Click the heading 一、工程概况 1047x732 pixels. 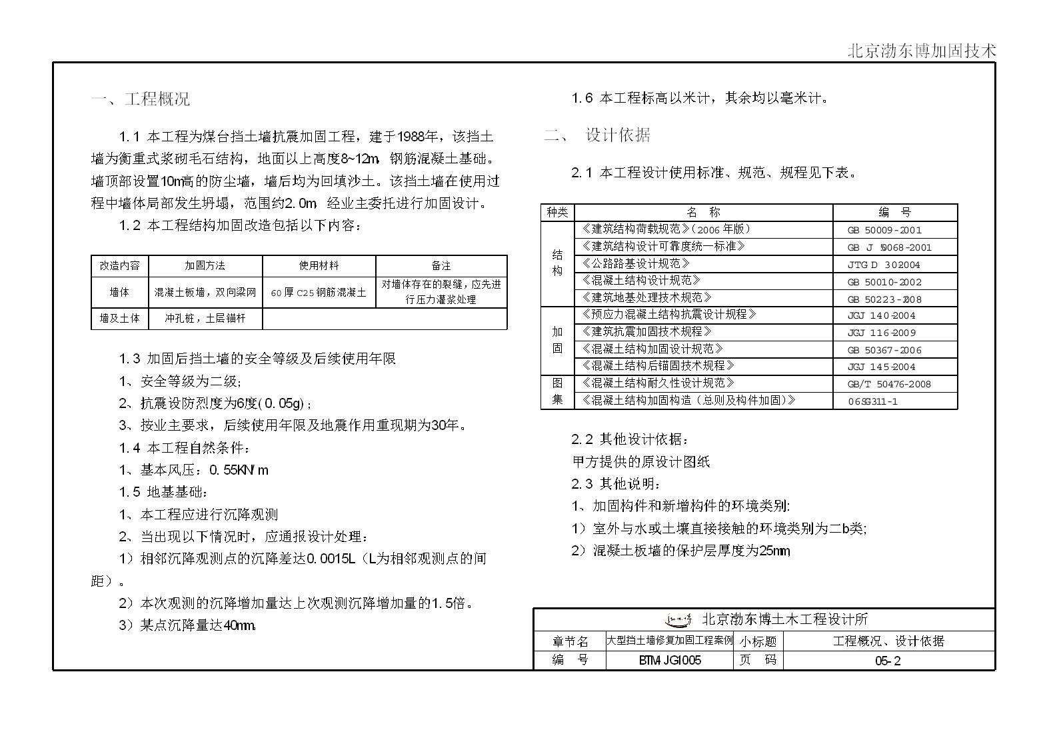click(x=140, y=99)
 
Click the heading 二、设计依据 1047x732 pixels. click(x=597, y=135)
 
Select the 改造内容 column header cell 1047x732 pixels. click(x=119, y=265)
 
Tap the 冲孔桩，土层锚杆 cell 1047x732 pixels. click(x=205, y=319)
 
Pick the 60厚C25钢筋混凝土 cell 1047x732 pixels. click(x=319, y=292)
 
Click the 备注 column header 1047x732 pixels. click(x=441, y=265)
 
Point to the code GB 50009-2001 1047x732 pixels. click(x=884, y=230)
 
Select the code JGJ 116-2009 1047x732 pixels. click(x=881, y=333)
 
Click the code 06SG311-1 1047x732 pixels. click(x=872, y=401)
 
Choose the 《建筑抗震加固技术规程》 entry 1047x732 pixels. click(x=646, y=332)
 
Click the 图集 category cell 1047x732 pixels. click(x=557, y=391)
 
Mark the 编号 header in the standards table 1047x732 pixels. click(x=894, y=212)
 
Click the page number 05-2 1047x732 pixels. click(x=888, y=661)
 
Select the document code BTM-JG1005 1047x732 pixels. click(x=669, y=661)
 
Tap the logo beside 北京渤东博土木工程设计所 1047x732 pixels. click(x=679, y=619)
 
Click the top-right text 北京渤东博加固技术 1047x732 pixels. click(x=922, y=51)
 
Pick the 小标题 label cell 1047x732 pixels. click(x=758, y=641)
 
